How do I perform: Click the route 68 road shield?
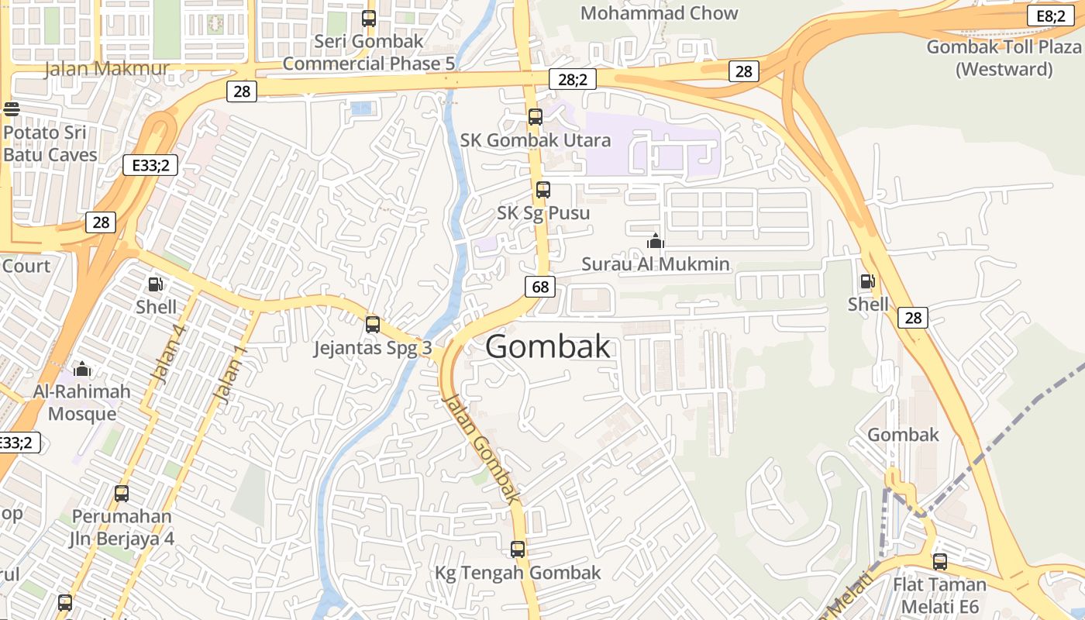[540, 287]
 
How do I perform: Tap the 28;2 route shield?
[572, 78]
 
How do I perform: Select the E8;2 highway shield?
[1051, 15]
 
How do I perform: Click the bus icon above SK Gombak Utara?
[535, 117]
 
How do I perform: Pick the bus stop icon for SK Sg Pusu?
[542, 190]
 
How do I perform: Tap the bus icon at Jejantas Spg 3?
[373, 325]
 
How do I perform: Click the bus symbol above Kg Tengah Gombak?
[518, 549]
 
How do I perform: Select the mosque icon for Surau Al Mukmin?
[655, 241]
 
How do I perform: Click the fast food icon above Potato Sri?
[11, 109]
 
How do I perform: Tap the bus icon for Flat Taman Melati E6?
[939, 561]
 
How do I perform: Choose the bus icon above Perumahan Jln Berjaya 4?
[122, 493]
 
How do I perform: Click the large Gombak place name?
[548, 346]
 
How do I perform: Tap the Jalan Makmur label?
[106, 68]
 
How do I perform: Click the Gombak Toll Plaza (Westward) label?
[1004, 57]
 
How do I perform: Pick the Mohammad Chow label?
[659, 13]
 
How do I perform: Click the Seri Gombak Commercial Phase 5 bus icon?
[369, 19]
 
